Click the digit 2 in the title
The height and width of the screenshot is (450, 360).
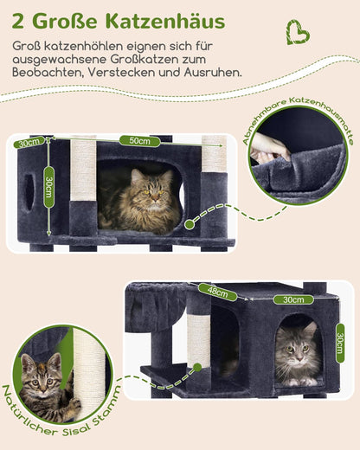(18, 19)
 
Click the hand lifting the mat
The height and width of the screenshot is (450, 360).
(270, 149)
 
